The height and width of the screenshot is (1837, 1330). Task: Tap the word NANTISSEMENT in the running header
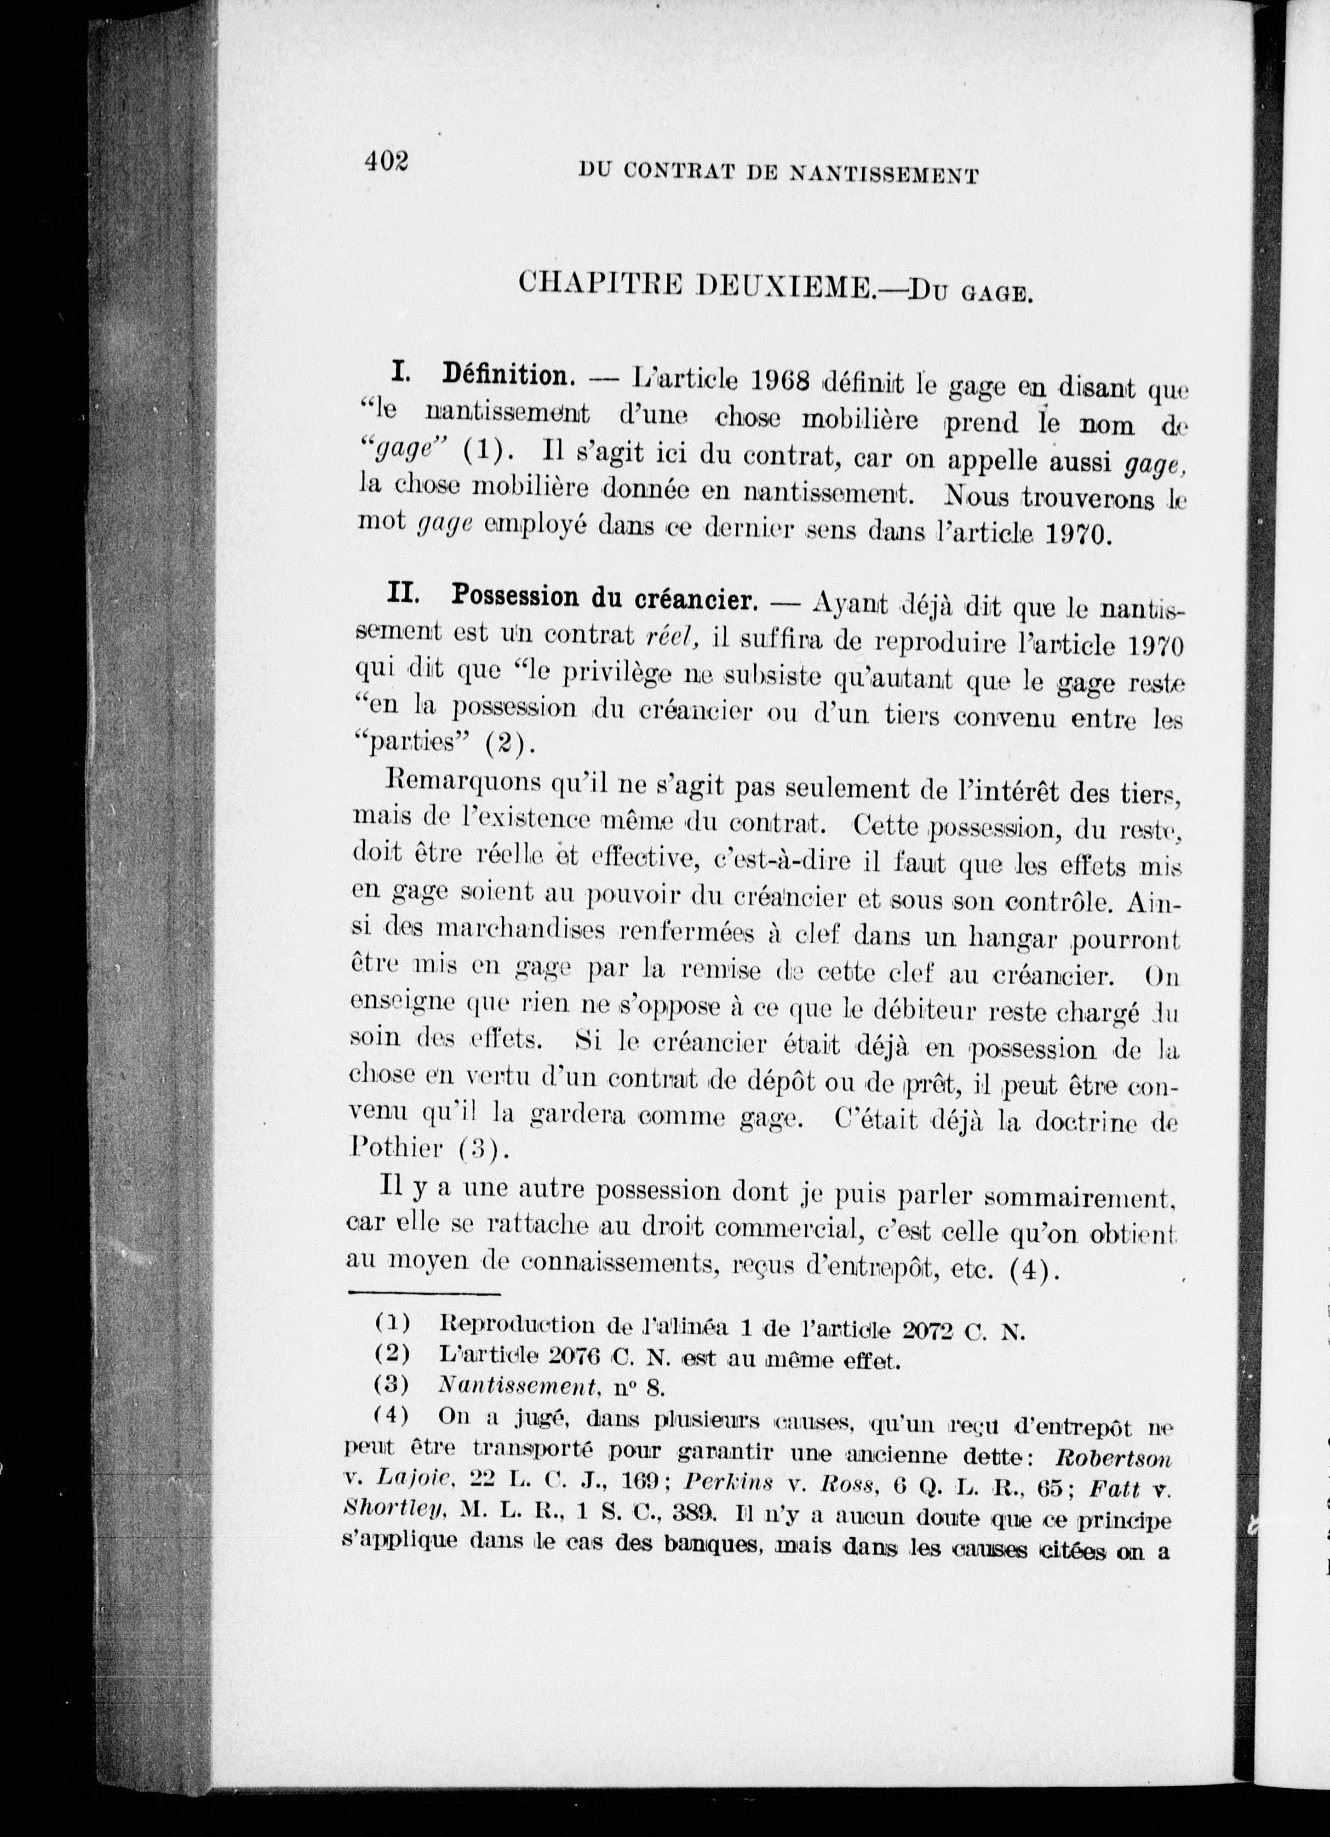(883, 174)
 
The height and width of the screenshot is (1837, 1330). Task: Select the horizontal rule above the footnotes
(424, 1293)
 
